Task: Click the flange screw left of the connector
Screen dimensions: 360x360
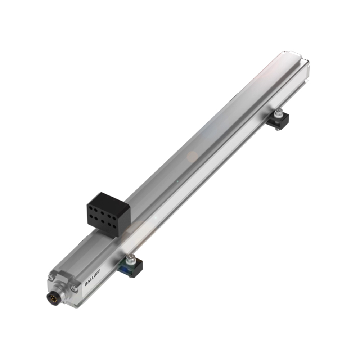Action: (x=51, y=277)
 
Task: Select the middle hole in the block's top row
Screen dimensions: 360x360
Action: (x=103, y=211)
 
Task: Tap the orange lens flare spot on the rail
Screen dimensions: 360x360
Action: (x=192, y=156)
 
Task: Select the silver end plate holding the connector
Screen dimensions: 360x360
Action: (x=67, y=288)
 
